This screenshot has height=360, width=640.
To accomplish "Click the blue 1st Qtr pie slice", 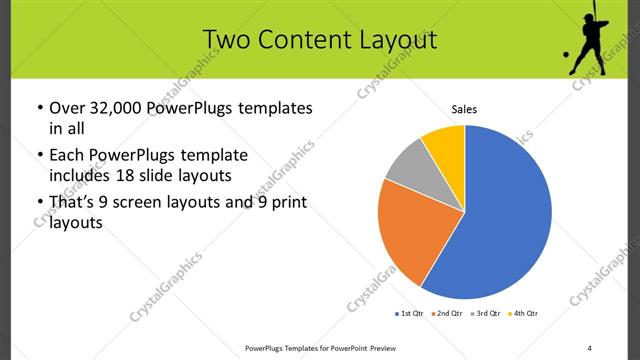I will point(505,215).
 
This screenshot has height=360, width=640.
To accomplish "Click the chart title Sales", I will point(465,108).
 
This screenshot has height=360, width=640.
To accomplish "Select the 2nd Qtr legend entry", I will point(447,313).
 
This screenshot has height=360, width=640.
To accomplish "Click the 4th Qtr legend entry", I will point(524,313).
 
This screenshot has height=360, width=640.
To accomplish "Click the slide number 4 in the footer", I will point(589,347).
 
